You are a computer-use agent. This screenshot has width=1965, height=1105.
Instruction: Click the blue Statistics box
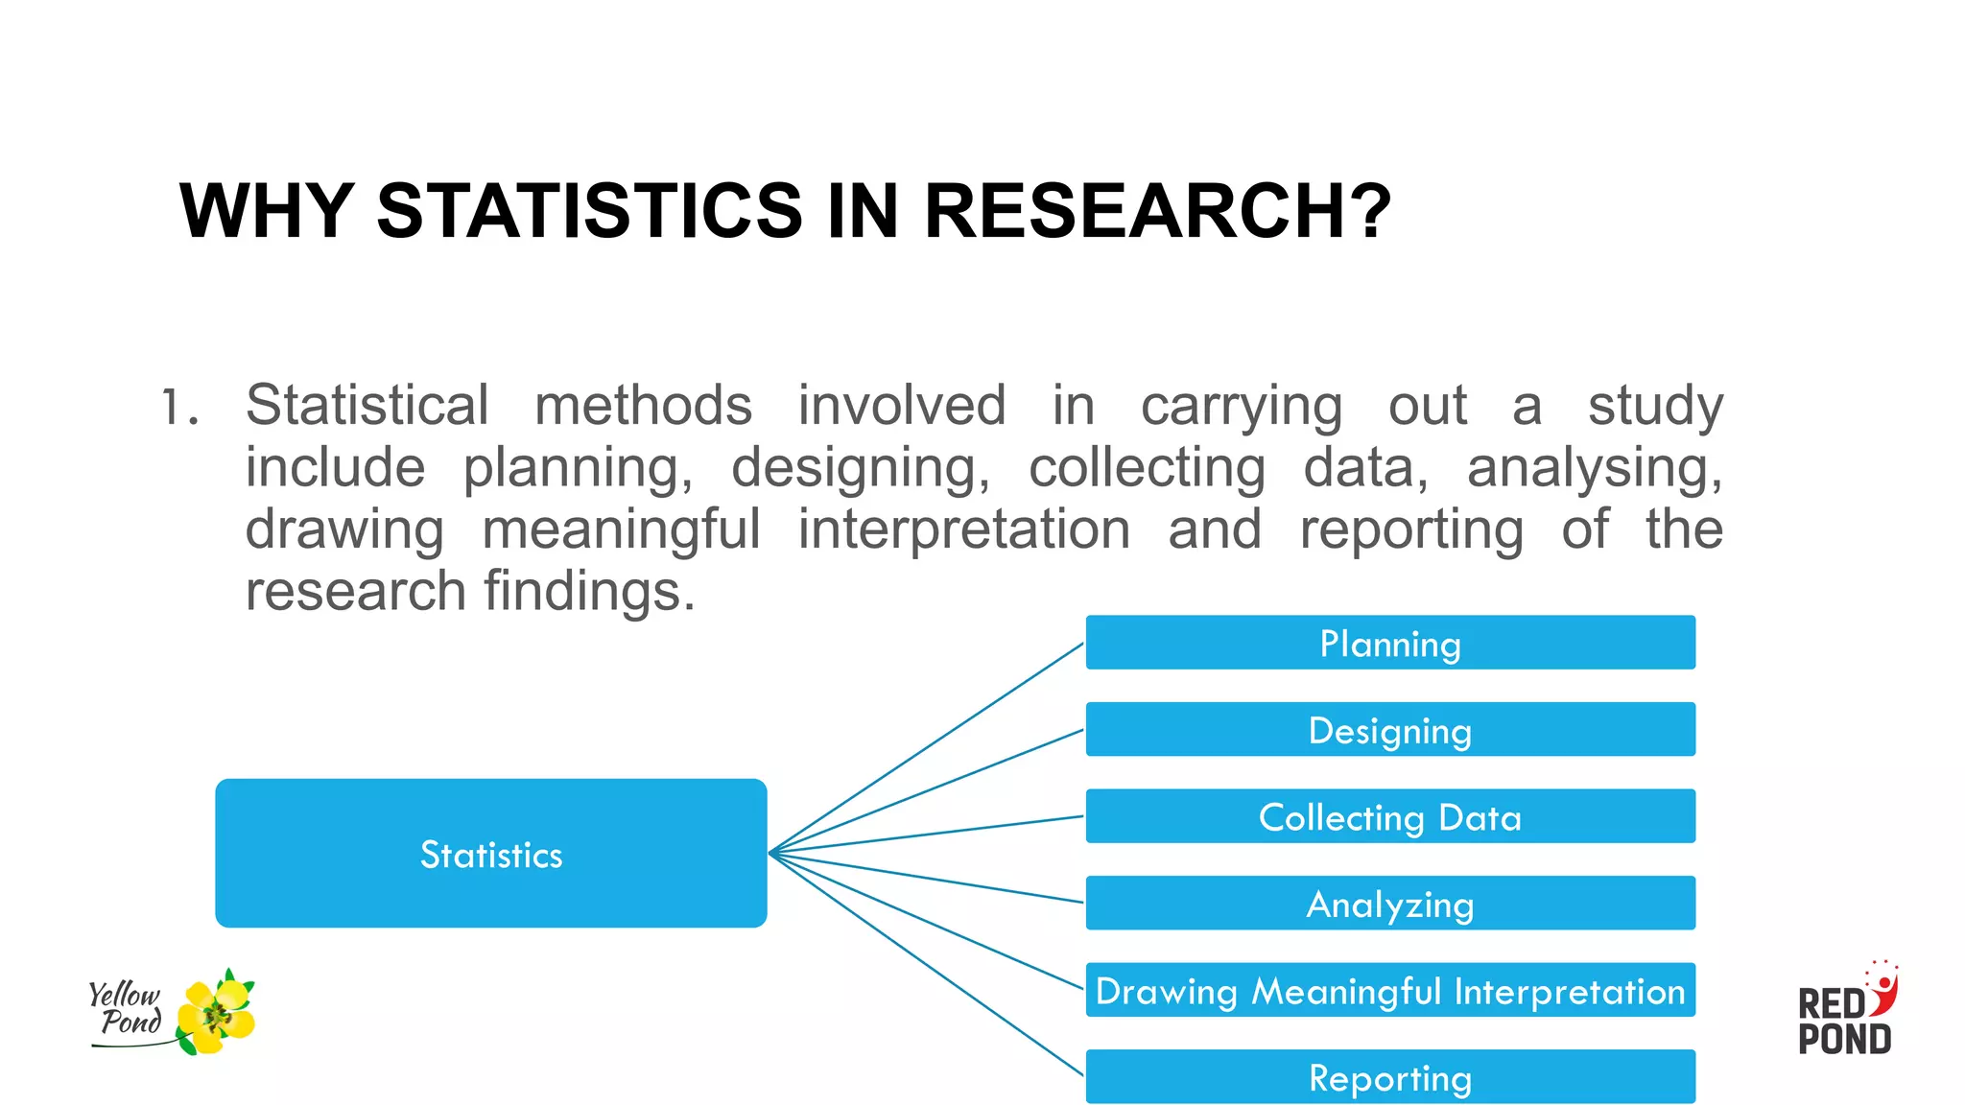tap(490, 853)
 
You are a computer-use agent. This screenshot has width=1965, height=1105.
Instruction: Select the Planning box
tap(1390, 643)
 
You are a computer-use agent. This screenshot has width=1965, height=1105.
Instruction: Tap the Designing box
tap(1390, 730)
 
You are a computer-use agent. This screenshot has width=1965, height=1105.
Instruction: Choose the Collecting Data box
tap(1390, 816)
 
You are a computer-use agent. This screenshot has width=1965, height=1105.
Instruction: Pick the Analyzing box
tap(1390, 904)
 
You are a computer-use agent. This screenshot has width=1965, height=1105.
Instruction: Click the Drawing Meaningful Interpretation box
tap(1390, 990)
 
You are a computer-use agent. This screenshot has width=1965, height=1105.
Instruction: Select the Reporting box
tap(1390, 1077)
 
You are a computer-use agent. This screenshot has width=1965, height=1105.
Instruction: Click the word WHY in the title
tap(267, 211)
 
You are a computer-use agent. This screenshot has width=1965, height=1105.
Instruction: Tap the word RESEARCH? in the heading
tap(1157, 211)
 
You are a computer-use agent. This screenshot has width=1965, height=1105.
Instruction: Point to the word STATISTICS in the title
tap(589, 211)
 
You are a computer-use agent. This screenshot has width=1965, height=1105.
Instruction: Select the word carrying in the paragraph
tap(1241, 407)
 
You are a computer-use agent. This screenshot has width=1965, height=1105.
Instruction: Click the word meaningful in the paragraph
tap(621, 529)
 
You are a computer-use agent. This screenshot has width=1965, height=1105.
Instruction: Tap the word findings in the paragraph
tap(589, 591)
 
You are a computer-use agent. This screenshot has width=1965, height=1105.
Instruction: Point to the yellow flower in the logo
tap(218, 1013)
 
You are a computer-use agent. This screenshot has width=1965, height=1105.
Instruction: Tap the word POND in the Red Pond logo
tap(1844, 1040)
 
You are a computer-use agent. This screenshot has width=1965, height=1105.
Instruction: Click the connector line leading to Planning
tap(927, 747)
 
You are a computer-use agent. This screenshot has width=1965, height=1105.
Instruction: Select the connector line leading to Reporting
tap(927, 964)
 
